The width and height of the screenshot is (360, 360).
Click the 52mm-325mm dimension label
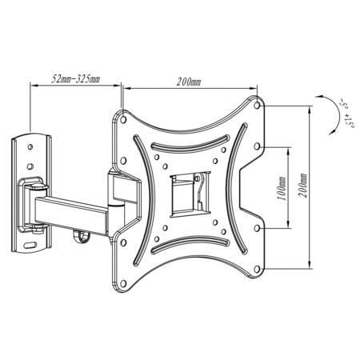[75, 79]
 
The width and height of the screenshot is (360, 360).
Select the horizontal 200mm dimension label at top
[189, 82]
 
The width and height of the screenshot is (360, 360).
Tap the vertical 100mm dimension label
[282, 189]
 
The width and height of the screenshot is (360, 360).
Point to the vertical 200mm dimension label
[302, 186]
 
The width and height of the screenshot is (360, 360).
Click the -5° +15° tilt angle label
[346, 114]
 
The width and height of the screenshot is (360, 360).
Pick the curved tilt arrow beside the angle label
[336, 115]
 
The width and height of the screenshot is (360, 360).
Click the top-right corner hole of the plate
[257, 105]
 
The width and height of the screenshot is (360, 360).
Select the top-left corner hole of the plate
[123, 120]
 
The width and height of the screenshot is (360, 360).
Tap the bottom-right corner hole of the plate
[257, 269]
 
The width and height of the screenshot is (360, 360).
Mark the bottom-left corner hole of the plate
[123, 284]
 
